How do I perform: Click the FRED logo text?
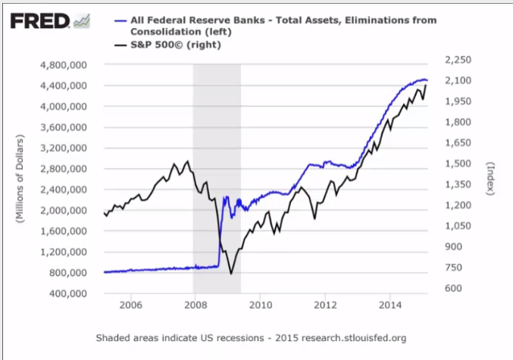coord(40,21)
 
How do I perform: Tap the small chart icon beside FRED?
coord(82,21)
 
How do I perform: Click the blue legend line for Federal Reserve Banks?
coord(120,20)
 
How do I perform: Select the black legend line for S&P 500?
coord(120,45)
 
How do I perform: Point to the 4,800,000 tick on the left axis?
coord(64,65)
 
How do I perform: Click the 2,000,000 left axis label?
coord(64,211)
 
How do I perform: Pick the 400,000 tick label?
coord(68,293)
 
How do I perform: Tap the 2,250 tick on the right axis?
coord(458,60)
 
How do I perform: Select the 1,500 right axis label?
coord(458,164)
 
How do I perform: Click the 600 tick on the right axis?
coord(453,288)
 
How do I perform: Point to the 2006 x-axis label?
coord(131,305)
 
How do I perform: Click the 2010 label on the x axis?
coord(261,305)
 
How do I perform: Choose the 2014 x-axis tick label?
coord(390,305)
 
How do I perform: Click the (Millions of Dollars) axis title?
coord(20,179)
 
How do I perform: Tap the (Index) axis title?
coord(490,179)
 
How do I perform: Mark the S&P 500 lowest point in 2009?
coord(231,274)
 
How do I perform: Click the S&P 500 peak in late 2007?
coord(187,161)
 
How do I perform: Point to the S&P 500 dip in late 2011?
coord(314,218)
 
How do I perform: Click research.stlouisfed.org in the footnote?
coord(354,338)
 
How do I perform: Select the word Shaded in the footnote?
coord(111,338)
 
